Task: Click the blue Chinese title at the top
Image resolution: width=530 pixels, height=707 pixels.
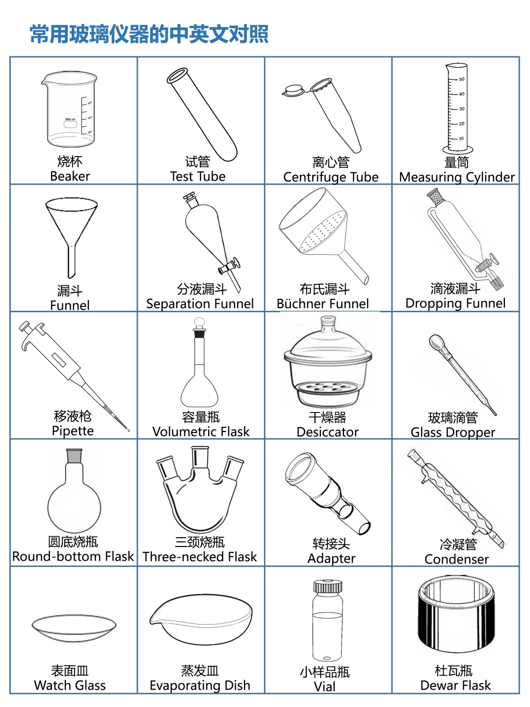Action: pyautogui.click(x=149, y=34)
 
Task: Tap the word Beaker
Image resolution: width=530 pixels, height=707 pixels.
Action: pyautogui.click(x=70, y=176)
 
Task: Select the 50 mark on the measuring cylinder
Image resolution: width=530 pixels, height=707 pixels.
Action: pyautogui.click(x=461, y=79)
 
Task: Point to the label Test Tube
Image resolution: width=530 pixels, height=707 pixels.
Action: pyautogui.click(x=198, y=176)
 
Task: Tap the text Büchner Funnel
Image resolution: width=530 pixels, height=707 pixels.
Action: pyautogui.click(x=323, y=304)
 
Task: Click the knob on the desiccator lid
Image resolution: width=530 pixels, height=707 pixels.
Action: pyautogui.click(x=328, y=322)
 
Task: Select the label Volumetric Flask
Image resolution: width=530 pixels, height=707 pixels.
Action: pyautogui.click(x=201, y=432)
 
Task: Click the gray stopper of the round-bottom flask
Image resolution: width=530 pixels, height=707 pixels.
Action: pyautogui.click(x=74, y=456)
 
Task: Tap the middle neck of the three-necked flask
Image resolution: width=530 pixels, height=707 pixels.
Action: pyautogui.click(x=200, y=458)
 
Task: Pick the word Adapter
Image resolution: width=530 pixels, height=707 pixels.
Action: pyautogui.click(x=331, y=558)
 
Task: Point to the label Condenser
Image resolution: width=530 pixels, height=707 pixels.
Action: pyautogui.click(x=456, y=559)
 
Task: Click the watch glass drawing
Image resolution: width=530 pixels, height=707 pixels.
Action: pyautogui.click(x=74, y=628)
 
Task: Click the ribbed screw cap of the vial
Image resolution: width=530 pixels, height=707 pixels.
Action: pyautogui.click(x=328, y=587)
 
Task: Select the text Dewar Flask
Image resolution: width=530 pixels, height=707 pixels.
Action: pyautogui.click(x=455, y=685)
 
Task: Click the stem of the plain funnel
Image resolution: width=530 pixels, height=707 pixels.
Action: pyautogui.click(x=72, y=260)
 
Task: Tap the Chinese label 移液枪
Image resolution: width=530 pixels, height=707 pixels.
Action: pyautogui.click(x=73, y=416)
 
